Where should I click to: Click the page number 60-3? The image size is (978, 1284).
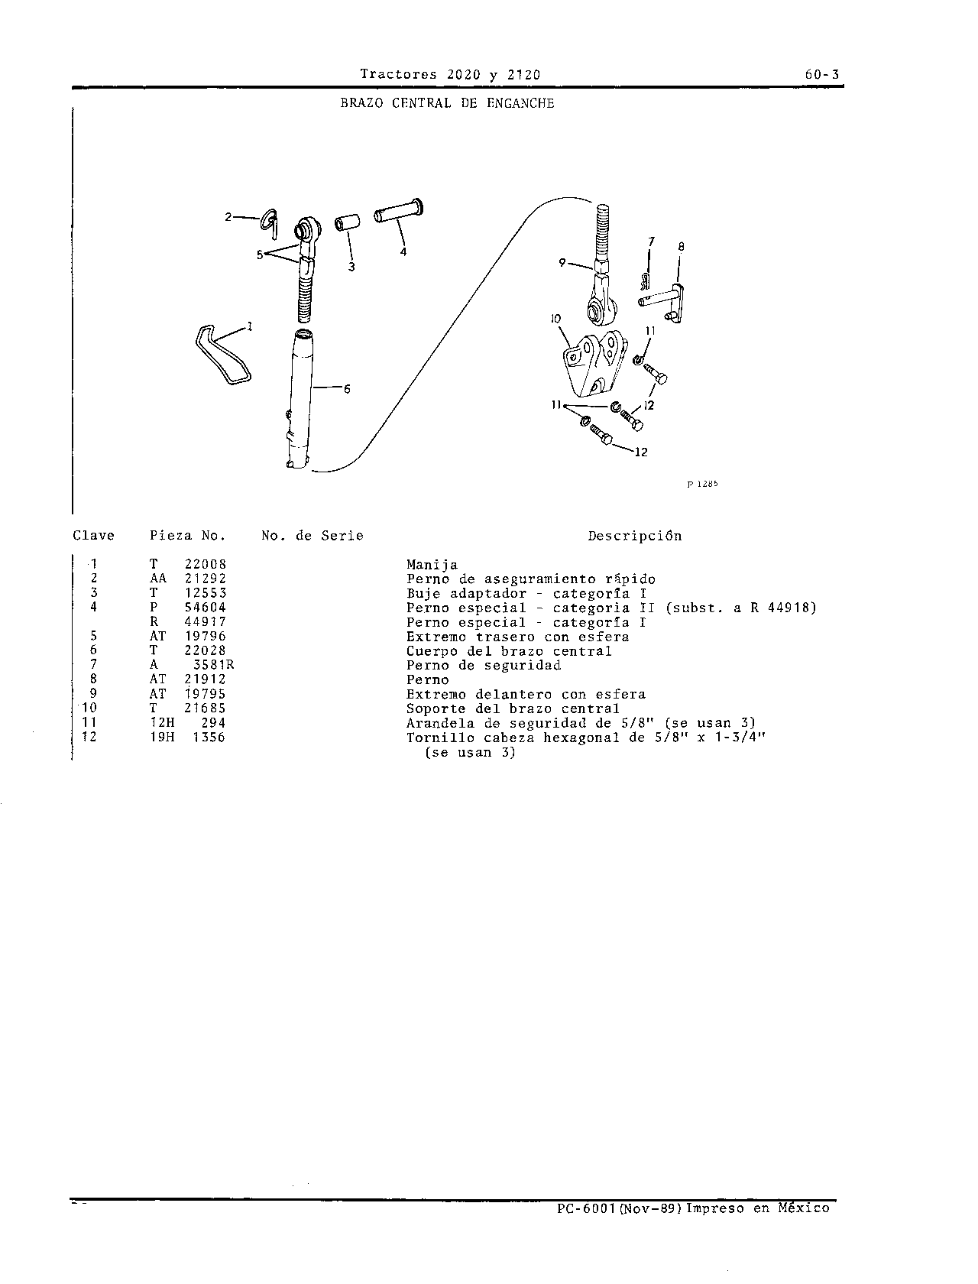click(822, 75)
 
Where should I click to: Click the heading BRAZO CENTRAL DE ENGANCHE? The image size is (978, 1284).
click(447, 103)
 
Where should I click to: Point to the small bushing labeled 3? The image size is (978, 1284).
click(347, 223)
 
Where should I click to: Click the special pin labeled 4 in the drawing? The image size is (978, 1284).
click(399, 211)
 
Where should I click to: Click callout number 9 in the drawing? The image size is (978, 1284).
click(562, 263)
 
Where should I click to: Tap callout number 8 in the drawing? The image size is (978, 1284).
click(681, 247)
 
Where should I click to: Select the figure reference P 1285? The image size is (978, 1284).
click(702, 485)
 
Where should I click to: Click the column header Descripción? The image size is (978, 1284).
click(635, 537)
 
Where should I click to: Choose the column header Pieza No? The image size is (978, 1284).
click(188, 536)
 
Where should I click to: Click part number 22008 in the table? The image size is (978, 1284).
click(206, 565)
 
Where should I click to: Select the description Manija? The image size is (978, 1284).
click(432, 565)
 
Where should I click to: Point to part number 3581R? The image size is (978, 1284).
click(213, 665)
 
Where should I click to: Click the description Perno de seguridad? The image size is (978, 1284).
click(484, 666)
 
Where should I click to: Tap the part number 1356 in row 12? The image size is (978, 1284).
click(209, 738)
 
